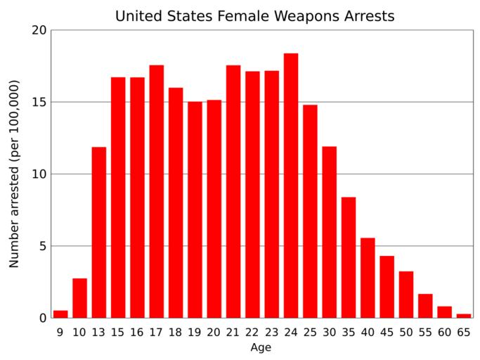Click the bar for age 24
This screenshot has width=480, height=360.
pos(291,186)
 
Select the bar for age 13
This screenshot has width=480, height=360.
pos(99,232)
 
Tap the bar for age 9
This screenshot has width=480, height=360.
pos(60,314)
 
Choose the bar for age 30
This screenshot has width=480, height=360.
pos(329,232)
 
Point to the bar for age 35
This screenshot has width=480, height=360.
pos(349,257)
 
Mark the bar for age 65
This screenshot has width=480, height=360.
pos(464,316)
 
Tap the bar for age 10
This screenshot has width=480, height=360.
pos(79,298)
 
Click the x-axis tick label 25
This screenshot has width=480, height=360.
pos(310,331)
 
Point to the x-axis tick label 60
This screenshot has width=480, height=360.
pos(444,331)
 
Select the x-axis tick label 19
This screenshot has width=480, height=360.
pos(195,331)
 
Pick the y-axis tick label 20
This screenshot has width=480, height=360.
pos(39,30)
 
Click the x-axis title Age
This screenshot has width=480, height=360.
pos(261,347)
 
